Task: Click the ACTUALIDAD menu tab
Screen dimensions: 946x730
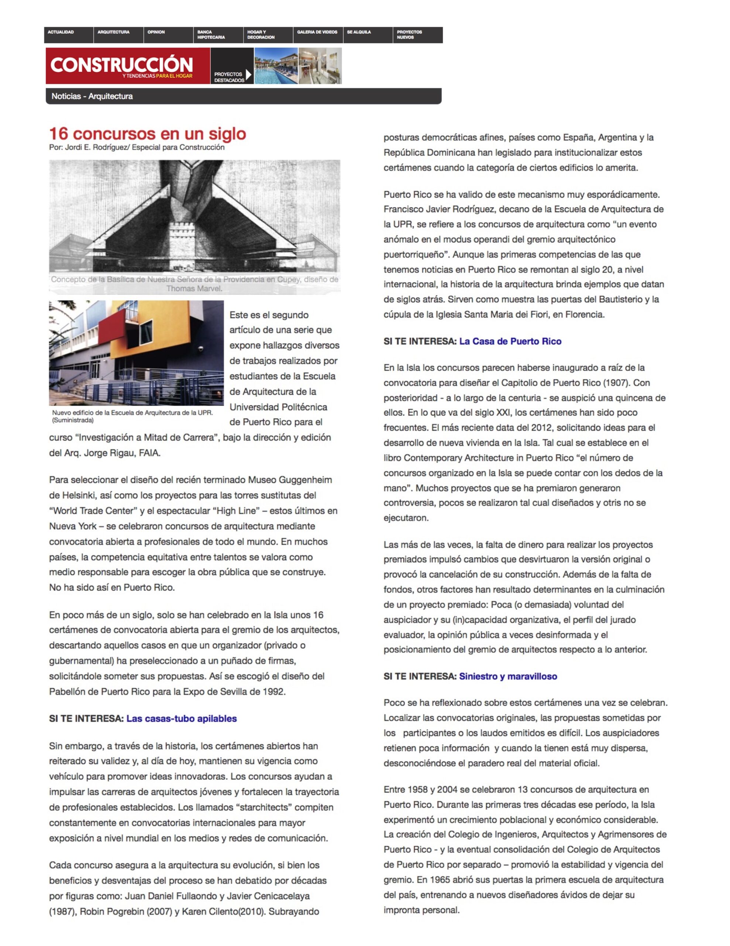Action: click(x=61, y=32)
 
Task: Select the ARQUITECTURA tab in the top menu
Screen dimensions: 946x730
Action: click(x=113, y=32)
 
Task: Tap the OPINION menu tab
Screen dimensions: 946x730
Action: click(x=156, y=32)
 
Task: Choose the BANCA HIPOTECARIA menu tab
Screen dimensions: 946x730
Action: click(x=211, y=35)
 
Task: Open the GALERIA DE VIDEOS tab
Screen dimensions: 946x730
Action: click(x=317, y=32)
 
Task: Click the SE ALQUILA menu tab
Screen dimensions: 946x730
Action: click(x=359, y=32)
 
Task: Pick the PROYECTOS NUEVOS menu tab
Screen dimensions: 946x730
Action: click(x=409, y=35)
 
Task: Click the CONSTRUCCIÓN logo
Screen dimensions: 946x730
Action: click(x=121, y=65)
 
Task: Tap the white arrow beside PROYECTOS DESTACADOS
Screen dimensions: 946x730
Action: click(x=248, y=75)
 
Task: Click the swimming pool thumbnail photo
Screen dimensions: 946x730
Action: click(x=276, y=66)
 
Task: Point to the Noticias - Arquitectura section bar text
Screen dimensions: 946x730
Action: click(x=92, y=96)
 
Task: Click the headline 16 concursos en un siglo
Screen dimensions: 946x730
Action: click(x=148, y=133)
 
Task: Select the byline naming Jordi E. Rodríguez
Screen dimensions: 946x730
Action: click(x=137, y=147)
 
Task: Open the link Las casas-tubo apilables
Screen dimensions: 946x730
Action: click(x=181, y=719)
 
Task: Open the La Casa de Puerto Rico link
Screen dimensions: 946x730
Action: click(x=510, y=341)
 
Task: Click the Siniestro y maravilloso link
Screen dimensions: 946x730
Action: click(x=508, y=676)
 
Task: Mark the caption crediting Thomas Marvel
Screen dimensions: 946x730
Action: click(x=194, y=284)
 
